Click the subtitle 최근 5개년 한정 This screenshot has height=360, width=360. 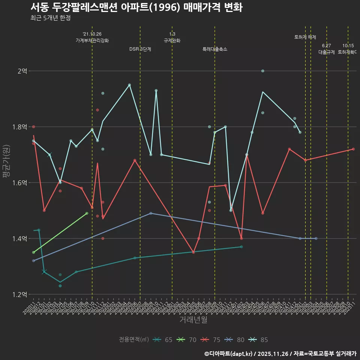coord(50,18)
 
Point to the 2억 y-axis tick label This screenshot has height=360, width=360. coord(22,71)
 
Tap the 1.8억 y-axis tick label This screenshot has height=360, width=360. coord(19,127)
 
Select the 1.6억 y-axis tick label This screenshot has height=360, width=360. coord(19,183)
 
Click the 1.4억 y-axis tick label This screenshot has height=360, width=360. coord(19,238)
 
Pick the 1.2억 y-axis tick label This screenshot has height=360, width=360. coord(19,294)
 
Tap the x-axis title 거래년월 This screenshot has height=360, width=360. coord(193,320)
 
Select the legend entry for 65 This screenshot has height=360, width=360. coord(163,340)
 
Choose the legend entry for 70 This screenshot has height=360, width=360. coord(187,340)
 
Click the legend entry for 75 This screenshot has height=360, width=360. coord(211,340)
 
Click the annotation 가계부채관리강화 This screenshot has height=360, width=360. coord(92,40)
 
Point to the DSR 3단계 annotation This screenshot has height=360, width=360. coord(140,49)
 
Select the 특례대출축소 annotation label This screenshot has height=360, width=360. coord(215,49)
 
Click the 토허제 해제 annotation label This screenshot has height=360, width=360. coord(305,37)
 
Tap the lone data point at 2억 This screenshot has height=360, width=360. coord(262,71)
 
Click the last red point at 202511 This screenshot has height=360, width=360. coord(353,149)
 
